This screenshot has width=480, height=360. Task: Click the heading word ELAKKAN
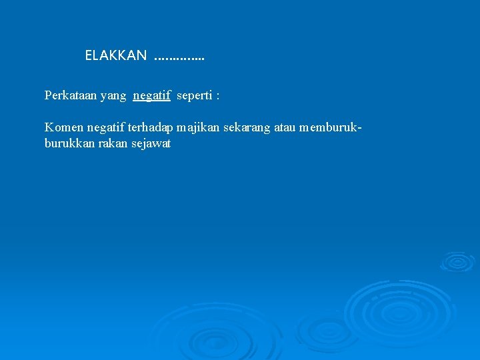[116, 56]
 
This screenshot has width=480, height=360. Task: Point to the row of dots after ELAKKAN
[179, 59]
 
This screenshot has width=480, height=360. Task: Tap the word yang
[113, 96]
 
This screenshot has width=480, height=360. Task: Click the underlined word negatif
[152, 96]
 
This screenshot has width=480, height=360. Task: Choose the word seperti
[194, 96]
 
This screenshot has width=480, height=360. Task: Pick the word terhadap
[151, 127]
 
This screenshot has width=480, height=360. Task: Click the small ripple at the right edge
[457, 261]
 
